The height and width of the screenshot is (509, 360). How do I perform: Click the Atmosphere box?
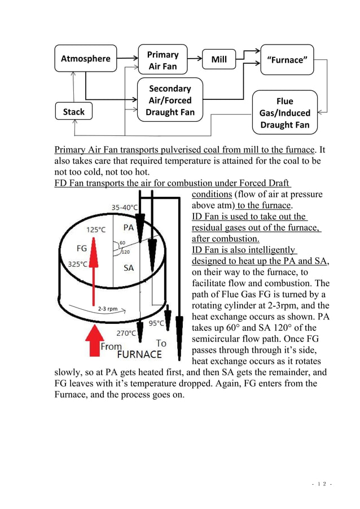85,58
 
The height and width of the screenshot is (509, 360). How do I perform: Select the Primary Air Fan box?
163,60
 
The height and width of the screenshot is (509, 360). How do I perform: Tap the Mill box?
218,59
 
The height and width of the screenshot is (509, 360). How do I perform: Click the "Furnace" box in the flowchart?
287,59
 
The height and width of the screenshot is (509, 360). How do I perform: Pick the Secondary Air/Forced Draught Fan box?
170,100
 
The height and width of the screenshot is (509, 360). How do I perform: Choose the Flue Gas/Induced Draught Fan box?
284,113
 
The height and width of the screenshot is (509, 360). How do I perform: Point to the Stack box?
73,112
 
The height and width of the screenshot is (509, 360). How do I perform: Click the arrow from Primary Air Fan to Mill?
194,59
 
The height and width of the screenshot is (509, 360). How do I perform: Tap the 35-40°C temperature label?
125,208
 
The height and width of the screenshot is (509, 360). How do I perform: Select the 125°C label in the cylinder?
95,230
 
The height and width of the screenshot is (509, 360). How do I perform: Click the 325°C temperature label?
78,264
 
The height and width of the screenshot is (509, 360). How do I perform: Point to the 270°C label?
126,333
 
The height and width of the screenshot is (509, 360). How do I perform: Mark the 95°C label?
156,323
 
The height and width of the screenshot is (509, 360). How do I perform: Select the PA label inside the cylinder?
129,227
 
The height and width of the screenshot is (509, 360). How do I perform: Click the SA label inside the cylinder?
129,267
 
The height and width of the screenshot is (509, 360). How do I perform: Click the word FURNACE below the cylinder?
139,355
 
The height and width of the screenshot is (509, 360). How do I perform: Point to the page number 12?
323,484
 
